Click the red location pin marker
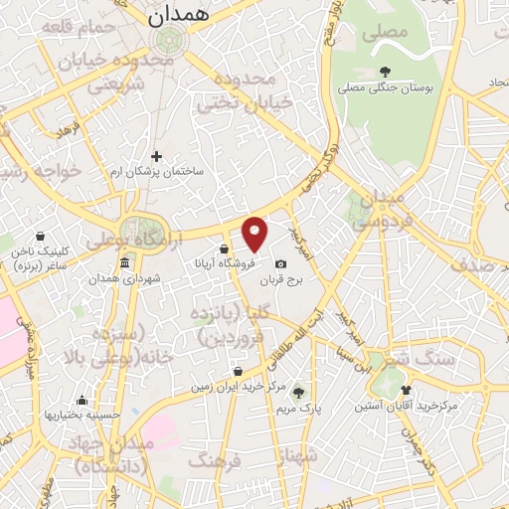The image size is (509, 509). [x=255, y=234]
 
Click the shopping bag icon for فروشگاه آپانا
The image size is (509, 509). [x=225, y=249]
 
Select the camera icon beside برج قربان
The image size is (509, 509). [x=280, y=263]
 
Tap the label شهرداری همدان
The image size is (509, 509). [x=124, y=280]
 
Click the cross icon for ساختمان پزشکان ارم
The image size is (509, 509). [x=156, y=155]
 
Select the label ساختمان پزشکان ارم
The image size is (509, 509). [x=156, y=172]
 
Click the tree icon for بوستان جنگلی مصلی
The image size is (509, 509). [x=385, y=71]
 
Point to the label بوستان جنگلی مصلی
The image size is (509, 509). [x=385, y=88]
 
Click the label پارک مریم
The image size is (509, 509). [x=297, y=407]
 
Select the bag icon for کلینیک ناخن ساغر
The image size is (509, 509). [x=39, y=238]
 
